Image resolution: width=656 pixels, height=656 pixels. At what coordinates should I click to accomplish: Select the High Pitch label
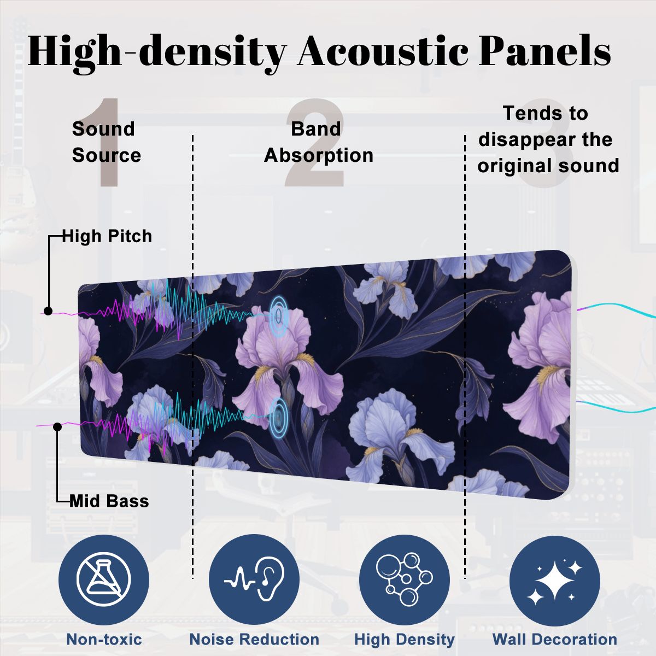tap(107, 236)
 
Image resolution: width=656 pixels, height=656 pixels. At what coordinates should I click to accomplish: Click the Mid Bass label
tap(109, 501)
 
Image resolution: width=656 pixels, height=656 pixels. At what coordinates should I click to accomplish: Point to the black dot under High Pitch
tap(48, 311)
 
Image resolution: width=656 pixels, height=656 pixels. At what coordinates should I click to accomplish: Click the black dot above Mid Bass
tap(57, 426)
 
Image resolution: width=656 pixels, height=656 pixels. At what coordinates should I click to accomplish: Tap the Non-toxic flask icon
tap(103, 579)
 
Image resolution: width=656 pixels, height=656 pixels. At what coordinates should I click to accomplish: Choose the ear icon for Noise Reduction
tap(254, 579)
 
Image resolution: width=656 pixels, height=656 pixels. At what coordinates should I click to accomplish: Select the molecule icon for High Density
tap(404, 579)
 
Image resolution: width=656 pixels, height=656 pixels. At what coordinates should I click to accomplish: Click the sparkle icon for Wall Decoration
tap(555, 579)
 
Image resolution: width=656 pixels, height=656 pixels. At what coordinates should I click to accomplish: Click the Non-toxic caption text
tap(104, 639)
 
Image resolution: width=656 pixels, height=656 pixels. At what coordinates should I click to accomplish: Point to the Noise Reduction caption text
tap(254, 639)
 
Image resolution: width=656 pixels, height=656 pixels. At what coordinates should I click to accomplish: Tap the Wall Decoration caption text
tap(555, 639)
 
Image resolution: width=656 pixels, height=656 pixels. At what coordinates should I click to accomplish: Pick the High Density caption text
tap(405, 640)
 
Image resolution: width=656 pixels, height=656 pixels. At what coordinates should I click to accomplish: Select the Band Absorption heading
tap(319, 142)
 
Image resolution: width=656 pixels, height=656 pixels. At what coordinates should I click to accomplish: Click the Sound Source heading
tap(107, 142)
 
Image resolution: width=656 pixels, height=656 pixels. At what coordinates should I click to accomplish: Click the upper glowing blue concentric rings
tap(279, 317)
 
